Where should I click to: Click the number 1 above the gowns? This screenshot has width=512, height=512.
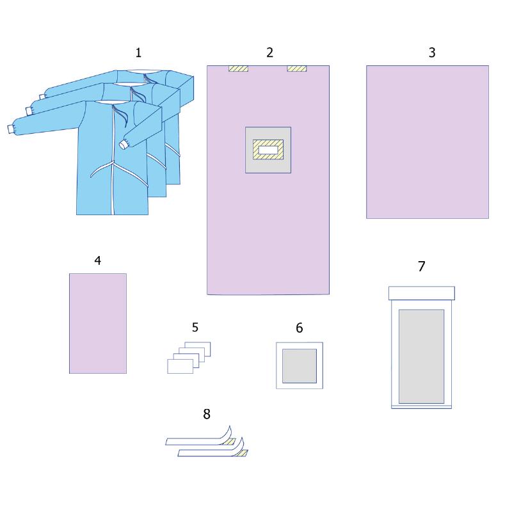138,53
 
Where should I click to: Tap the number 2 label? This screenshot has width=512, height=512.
269,52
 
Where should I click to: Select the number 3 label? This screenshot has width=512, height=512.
432,52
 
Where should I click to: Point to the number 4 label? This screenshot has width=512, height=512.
98,260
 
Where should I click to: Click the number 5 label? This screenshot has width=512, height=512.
195,327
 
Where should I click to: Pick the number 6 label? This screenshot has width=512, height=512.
300,328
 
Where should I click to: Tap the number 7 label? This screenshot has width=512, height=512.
422,266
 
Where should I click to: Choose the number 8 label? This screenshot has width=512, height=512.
207,414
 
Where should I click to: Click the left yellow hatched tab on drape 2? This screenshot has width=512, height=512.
238,68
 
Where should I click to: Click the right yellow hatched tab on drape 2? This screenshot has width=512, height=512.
297,68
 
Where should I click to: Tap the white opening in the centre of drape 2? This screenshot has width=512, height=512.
268,150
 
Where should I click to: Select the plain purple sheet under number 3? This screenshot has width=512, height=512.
428,142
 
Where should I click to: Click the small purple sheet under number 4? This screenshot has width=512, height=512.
98,324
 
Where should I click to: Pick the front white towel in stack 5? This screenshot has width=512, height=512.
180,366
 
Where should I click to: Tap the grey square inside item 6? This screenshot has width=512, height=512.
300,366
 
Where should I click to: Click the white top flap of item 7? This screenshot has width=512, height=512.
422,293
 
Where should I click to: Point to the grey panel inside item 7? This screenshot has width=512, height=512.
422,356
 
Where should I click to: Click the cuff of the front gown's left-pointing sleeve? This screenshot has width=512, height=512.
11,129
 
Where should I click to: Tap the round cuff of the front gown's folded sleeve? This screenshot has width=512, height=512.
124,145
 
